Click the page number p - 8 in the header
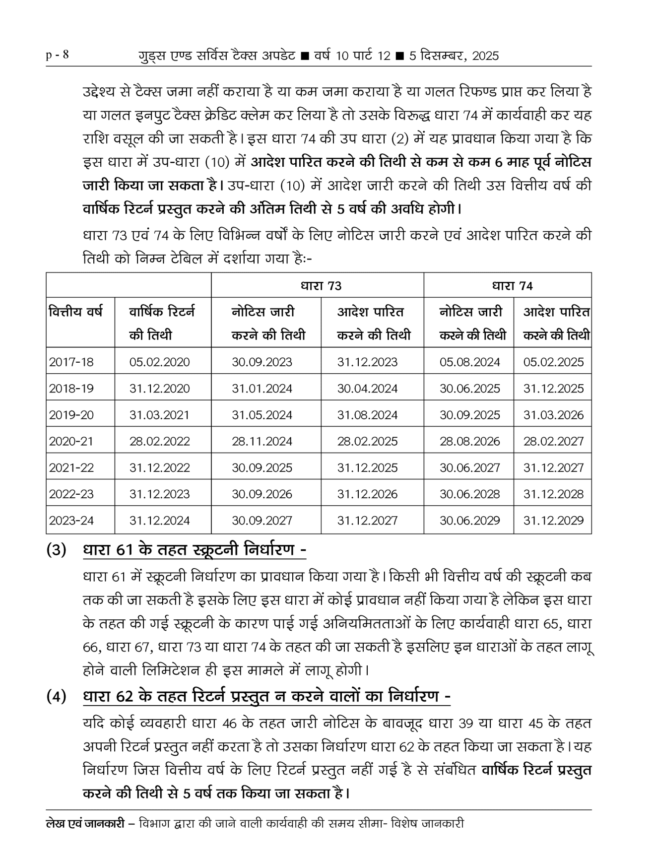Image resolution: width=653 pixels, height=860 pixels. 57,55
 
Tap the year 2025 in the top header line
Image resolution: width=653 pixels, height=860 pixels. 485,56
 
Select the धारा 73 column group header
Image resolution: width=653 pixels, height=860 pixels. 321,286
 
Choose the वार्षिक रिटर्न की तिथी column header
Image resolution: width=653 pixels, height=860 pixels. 162,323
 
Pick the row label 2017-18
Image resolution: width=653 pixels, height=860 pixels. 71,362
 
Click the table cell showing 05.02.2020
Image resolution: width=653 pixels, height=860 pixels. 160,362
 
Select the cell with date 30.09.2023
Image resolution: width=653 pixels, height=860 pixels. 262,362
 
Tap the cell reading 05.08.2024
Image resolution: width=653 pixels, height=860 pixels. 470,362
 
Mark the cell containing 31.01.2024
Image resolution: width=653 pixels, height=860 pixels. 262,389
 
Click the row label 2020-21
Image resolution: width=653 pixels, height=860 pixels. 71,441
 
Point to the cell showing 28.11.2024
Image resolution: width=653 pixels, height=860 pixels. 262,441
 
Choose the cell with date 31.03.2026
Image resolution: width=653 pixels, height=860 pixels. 554,415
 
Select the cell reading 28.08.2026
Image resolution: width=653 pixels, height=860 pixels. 470,441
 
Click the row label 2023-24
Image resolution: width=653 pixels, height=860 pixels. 71,521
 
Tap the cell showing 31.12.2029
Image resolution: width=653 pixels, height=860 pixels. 554,521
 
